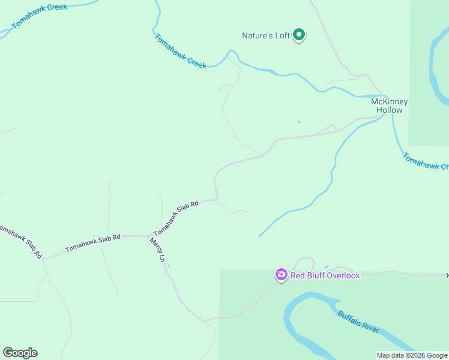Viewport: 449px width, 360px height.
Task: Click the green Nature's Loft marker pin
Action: [299, 36]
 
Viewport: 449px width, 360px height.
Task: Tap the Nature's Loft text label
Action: [266, 36]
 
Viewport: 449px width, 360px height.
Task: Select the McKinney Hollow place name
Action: [389, 106]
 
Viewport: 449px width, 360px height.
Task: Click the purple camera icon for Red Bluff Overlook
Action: [281, 275]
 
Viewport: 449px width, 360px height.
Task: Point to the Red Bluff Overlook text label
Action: [325, 275]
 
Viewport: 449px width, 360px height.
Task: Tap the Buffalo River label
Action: [358, 322]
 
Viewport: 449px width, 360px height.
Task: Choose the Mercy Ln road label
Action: [157, 251]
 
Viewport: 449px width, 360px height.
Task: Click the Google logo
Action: [20, 353]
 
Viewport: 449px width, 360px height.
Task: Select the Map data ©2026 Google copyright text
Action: [412, 355]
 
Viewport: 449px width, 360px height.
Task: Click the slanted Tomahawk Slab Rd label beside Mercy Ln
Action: [175, 218]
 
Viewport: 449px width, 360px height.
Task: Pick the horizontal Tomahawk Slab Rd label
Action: [93, 242]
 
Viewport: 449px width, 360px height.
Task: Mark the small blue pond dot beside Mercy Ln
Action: [169, 266]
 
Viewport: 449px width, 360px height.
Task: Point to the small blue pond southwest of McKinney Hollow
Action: [298, 122]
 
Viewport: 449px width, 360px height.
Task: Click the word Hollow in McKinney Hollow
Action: [389, 110]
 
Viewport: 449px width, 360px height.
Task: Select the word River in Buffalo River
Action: [370, 328]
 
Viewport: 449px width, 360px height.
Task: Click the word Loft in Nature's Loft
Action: [283, 36]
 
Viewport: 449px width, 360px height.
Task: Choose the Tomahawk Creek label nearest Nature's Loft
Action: [180, 51]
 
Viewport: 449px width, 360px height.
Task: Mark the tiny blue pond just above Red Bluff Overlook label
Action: [326, 266]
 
